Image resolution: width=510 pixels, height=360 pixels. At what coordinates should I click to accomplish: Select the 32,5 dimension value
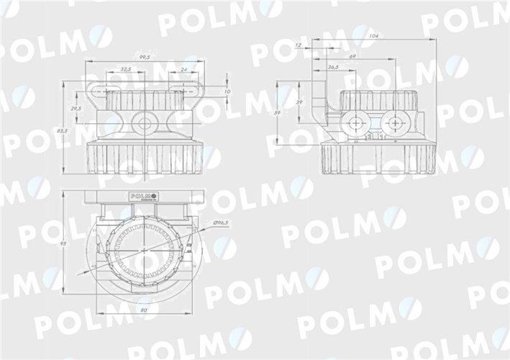[125, 69]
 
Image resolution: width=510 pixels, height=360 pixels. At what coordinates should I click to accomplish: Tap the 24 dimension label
[184, 69]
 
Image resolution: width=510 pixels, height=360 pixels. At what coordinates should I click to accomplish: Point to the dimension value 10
[227, 92]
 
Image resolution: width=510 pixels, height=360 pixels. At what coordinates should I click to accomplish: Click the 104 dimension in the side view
[372, 35]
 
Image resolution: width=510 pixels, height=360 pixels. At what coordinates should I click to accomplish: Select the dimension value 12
[298, 45]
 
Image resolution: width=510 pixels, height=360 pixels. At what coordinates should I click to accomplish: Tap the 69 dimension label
[352, 55]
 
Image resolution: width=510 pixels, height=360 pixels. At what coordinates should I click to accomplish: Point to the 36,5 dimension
[333, 67]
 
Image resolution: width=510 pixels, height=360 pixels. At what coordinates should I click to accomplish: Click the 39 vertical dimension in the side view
[299, 103]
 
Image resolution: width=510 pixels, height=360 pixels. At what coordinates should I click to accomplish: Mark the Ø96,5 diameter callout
[222, 224]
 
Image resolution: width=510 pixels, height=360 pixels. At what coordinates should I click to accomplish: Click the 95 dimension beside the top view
[64, 245]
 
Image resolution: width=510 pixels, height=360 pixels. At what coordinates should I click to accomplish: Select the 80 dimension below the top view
[144, 310]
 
